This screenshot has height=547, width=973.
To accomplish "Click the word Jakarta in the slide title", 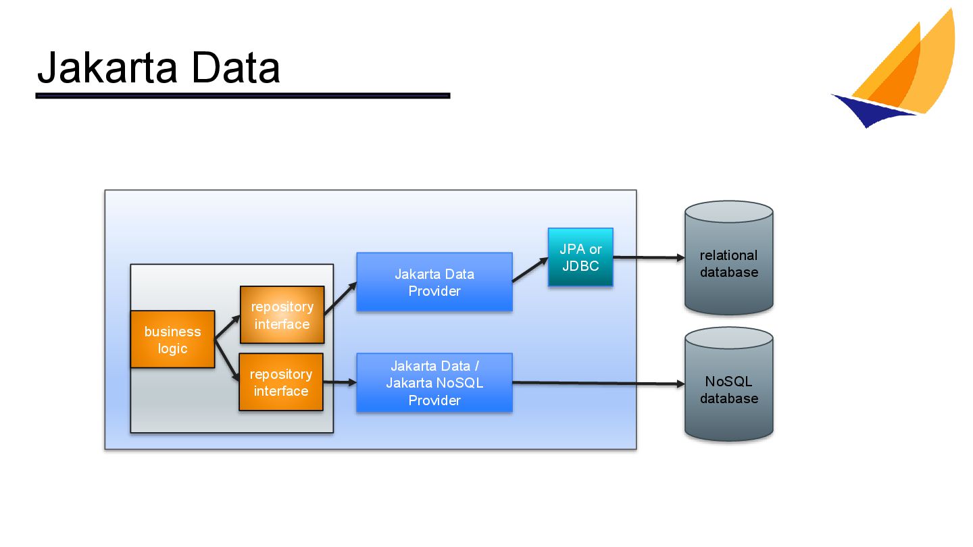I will coord(108,69).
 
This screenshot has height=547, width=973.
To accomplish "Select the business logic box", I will coord(172,340).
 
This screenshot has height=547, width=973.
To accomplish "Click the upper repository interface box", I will coord(282,315).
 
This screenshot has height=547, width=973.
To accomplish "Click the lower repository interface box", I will coord(280,382).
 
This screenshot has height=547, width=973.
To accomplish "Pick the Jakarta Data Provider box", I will coord(434,282).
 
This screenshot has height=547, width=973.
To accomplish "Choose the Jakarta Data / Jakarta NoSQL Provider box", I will coord(434,383).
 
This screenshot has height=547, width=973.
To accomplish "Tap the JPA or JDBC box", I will coord(580,257).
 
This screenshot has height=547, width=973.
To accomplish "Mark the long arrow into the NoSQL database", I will coord(598,384).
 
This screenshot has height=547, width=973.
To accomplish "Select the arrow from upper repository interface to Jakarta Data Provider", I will coord(341,299).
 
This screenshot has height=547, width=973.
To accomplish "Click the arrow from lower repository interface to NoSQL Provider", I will coord(340,383).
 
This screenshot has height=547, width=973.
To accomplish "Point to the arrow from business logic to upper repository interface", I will coord(228,326).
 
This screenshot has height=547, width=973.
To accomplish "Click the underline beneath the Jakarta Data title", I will coord(243,96).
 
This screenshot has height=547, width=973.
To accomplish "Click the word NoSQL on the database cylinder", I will coord(728,382).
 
